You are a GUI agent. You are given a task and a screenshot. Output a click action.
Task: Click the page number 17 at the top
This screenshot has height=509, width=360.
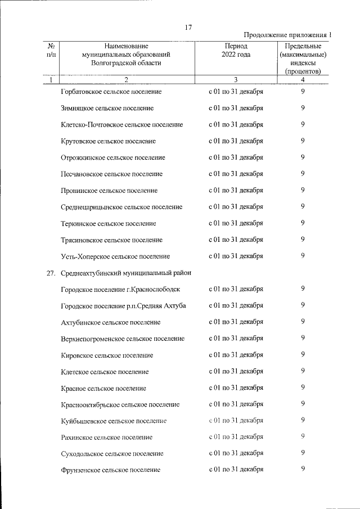point(188,28)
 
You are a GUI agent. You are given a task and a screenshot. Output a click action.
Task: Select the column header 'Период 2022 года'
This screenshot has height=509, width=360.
point(236,50)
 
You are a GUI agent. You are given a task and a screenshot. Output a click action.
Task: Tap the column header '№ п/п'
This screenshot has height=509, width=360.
point(51,50)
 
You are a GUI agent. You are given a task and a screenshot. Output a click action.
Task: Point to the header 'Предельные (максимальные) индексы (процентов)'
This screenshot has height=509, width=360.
point(303,58)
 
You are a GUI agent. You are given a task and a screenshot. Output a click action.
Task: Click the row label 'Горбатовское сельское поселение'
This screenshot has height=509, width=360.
point(111,91)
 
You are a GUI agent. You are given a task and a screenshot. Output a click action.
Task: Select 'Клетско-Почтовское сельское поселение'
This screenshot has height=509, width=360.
point(121,124)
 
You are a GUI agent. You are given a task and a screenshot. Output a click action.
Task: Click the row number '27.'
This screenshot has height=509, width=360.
point(50,273)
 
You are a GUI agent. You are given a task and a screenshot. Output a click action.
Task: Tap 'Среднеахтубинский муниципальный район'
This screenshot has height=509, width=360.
point(126,273)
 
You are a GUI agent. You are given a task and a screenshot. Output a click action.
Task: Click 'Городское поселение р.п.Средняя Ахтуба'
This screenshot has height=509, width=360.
point(123,306)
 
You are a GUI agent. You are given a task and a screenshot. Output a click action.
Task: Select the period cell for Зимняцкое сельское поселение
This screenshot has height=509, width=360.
point(236,107)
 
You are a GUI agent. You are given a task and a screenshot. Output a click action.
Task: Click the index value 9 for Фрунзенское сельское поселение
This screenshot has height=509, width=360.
point(303,469)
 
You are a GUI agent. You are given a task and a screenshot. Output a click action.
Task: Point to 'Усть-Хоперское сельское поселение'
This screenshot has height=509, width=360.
point(115,256)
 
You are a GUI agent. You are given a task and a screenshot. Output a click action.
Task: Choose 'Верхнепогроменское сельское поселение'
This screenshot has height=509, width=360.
point(123,339)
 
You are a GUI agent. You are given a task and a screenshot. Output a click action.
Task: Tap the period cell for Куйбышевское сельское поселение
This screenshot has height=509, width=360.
point(236,420)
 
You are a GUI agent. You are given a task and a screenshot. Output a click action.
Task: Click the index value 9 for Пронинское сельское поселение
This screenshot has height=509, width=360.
point(303,190)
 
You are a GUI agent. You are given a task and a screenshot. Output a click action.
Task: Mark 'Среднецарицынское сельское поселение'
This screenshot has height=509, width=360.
point(121,207)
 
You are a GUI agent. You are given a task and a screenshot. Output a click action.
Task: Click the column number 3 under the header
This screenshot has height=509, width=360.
point(236,79)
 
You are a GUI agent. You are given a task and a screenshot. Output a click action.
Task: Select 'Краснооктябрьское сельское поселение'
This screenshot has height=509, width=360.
point(120,404)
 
